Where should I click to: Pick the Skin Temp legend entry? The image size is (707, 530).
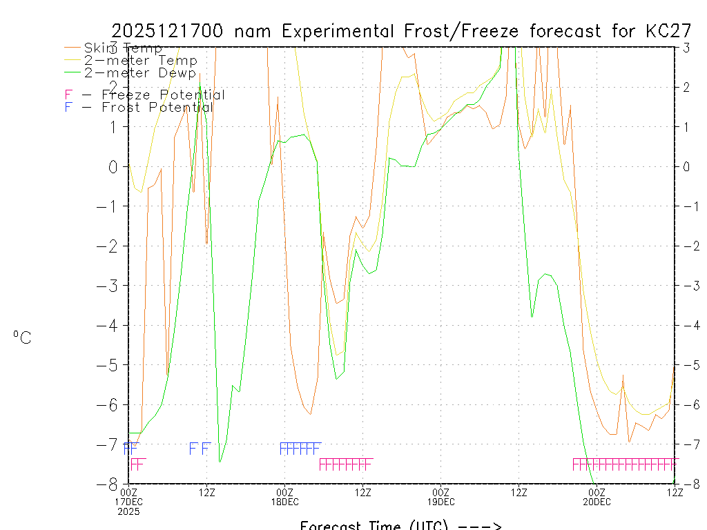(123, 48)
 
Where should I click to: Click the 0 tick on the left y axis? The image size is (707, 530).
(113, 166)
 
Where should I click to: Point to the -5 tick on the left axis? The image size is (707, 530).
(109, 364)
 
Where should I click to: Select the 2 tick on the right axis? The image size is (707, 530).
(686, 87)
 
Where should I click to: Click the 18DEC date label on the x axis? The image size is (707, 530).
(285, 502)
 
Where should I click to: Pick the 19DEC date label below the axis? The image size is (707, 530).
(440, 502)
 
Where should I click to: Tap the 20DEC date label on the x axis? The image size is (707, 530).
(597, 502)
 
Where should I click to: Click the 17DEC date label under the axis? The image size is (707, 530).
(129, 502)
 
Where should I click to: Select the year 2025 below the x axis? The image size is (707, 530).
(129, 512)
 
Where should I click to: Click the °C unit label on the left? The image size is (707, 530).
(21, 338)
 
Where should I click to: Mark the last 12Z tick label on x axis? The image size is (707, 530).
(675, 492)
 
